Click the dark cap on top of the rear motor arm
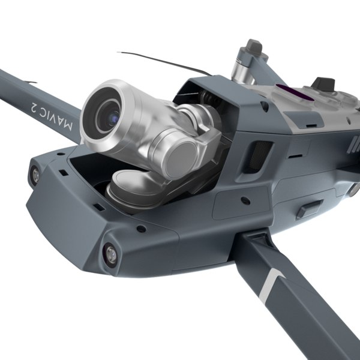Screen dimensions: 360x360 tap(254, 46)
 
